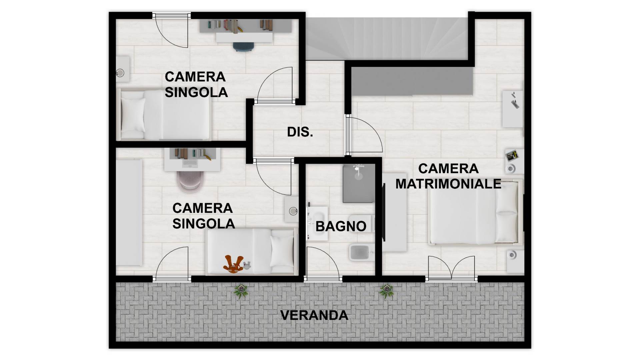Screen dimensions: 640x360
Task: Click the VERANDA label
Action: [x=314, y=315]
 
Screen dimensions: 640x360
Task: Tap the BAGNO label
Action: [x=341, y=226]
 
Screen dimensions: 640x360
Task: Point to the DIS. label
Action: [x=300, y=132]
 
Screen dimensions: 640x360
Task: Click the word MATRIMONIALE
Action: [x=448, y=184]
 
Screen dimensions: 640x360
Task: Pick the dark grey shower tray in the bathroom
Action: [x=359, y=183]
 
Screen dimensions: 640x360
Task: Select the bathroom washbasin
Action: [x=317, y=221]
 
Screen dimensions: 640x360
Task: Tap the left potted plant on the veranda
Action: [x=241, y=291]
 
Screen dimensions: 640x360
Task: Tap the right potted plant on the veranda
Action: [x=387, y=291]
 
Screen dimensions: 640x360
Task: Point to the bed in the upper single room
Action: [x=165, y=115]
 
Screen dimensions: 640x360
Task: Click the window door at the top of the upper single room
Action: [x=172, y=30]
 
